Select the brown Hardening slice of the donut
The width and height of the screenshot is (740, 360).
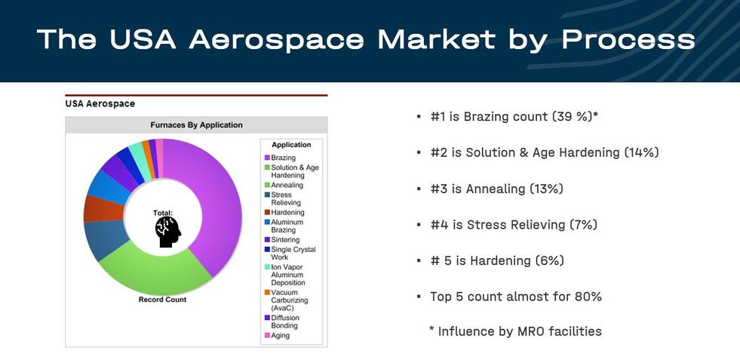coord(104,208)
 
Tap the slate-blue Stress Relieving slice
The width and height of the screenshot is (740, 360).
coord(106,239)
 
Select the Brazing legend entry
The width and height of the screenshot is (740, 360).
coord(281,158)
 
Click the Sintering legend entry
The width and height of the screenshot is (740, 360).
coord(282,240)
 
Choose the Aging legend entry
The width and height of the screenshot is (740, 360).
coord(278,335)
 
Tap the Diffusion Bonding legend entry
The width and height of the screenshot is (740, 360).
coord(282,322)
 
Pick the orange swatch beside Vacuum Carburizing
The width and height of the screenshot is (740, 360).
coord(267,293)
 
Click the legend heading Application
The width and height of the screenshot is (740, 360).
coord(291,145)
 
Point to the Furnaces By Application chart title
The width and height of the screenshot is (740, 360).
coord(196,125)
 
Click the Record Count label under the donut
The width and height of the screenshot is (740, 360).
coord(162,300)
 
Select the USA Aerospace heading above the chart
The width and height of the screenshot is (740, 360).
coord(100,104)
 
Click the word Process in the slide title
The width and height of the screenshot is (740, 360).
coord(628,40)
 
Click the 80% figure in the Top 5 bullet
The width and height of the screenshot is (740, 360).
coord(588,297)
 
